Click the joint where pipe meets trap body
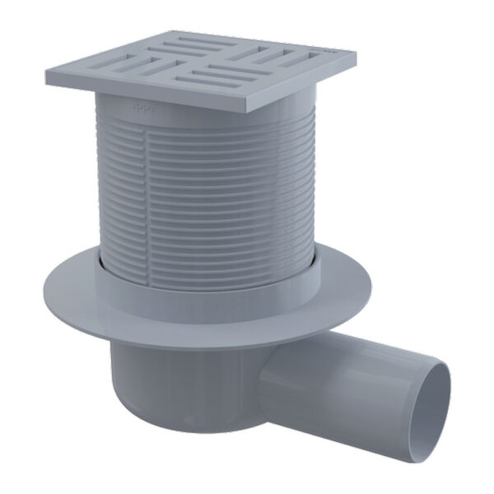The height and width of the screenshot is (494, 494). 268,362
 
